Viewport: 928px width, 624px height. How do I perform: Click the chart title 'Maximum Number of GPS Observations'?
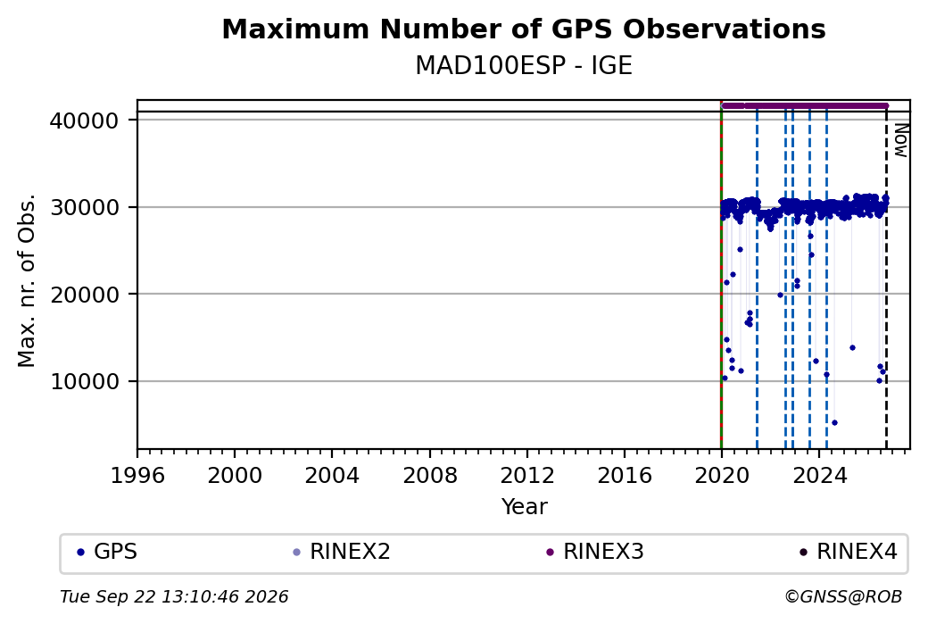click(524, 29)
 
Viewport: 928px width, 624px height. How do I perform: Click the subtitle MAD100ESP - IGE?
click(524, 66)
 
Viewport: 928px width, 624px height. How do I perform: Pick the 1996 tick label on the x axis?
click(137, 476)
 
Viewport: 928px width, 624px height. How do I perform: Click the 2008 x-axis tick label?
click(430, 476)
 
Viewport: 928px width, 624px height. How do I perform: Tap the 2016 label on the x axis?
click(625, 476)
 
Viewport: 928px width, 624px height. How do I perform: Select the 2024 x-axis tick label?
click(819, 476)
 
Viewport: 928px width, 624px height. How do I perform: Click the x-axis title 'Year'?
click(525, 507)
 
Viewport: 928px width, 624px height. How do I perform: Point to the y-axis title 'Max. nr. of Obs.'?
click(27, 280)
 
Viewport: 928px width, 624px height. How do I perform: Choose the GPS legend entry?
click(107, 552)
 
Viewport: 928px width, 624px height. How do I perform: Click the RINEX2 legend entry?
click(342, 552)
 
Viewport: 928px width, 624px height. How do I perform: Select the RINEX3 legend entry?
click(595, 552)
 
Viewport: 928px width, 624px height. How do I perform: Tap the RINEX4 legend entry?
click(848, 552)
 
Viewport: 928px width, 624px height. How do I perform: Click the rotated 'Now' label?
click(900, 140)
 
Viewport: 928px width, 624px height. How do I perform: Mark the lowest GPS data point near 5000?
click(834, 423)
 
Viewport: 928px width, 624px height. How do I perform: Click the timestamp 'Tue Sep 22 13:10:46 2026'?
click(174, 596)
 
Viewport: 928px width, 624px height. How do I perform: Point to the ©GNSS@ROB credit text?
click(843, 596)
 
